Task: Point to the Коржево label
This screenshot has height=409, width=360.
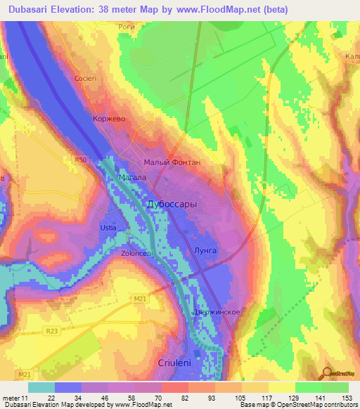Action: (109, 119)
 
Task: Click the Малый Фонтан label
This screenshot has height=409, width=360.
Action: (172, 162)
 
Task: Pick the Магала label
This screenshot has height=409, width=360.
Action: (131, 178)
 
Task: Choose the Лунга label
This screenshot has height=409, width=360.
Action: (205, 250)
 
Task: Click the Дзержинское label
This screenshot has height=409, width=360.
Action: (217, 312)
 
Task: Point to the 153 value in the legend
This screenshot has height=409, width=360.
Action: (345, 397)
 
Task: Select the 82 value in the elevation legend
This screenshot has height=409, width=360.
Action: (186, 397)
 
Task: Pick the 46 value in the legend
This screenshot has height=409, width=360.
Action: (106, 397)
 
